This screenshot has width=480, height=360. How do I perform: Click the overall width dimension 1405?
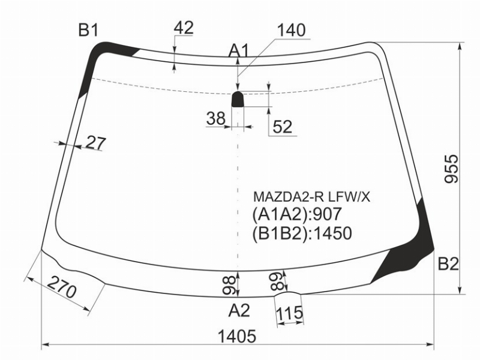coord(236,337)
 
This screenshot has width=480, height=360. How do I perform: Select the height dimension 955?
coord(452,169)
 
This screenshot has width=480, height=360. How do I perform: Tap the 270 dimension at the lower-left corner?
coord(62,287)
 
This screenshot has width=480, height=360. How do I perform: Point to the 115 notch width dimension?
coord(289,313)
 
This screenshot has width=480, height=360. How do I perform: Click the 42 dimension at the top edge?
coord(184,28)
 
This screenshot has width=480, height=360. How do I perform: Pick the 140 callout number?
coord(292,30)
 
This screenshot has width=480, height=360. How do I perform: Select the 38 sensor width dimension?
coord(216,118)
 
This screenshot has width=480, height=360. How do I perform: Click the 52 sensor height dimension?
coord(282,127)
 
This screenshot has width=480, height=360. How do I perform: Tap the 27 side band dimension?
coord(96,143)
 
